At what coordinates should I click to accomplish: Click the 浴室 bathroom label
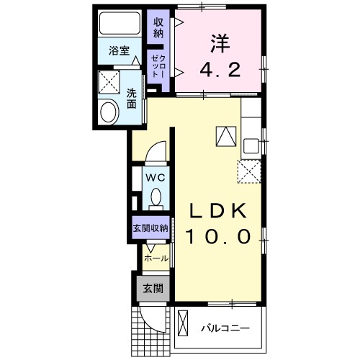[x=119, y=50]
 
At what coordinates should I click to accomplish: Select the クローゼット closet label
[x=157, y=67]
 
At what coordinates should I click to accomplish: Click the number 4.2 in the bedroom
[x=217, y=70]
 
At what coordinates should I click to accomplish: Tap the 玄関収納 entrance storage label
[x=150, y=228]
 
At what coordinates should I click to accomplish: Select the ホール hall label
[x=156, y=258]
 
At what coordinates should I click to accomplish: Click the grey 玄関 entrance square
[x=152, y=289]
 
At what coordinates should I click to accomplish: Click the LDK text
[x=218, y=210]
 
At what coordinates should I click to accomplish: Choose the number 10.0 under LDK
[x=218, y=236]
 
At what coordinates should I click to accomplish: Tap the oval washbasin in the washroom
[x=109, y=112]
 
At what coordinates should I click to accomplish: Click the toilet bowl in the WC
[x=156, y=196]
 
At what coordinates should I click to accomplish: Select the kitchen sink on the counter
[x=251, y=145]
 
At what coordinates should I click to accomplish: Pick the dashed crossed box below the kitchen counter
[x=248, y=171]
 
